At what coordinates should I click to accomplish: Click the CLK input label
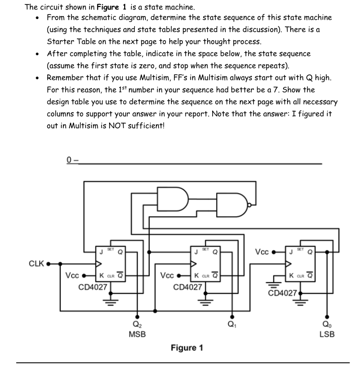point(36,263)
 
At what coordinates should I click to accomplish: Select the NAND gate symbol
point(232,205)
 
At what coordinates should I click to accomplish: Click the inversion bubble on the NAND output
point(249,205)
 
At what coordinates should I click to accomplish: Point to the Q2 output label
point(137,324)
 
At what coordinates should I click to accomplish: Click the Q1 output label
point(232,324)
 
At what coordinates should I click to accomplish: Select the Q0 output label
point(327,324)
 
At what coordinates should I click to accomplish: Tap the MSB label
point(137,334)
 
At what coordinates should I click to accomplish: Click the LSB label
point(327,334)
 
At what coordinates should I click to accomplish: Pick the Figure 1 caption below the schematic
point(187,348)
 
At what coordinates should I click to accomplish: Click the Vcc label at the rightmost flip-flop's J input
point(262,252)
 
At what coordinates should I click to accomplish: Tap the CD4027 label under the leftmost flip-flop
point(93,287)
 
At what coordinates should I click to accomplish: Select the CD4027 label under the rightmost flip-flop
point(283,293)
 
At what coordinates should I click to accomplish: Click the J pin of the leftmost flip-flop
point(101,252)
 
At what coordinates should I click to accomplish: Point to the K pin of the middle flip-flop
point(197,275)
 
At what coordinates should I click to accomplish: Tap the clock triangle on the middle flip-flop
point(194,264)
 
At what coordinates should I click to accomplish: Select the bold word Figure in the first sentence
point(108,8)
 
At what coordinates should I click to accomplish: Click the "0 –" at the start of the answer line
point(72,160)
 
